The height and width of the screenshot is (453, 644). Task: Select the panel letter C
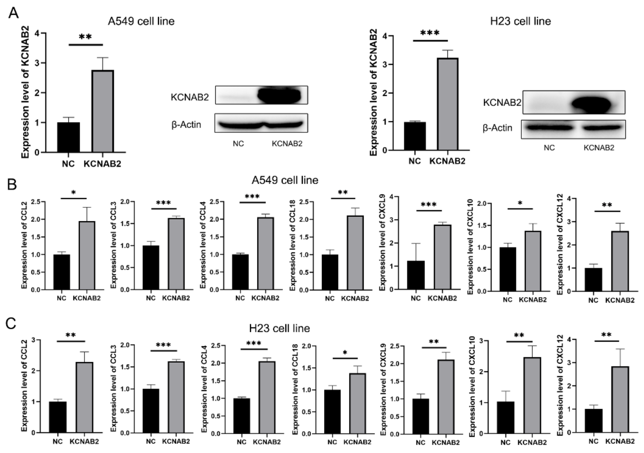tap(11, 324)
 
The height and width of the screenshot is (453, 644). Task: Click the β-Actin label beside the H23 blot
tap(497, 128)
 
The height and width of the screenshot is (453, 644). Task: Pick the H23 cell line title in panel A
tap(520, 21)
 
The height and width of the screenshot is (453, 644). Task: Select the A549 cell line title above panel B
tap(285, 180)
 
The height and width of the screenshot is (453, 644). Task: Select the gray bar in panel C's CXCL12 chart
tap(620, 399)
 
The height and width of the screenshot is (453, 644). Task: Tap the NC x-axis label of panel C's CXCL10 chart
tap(505, 443)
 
